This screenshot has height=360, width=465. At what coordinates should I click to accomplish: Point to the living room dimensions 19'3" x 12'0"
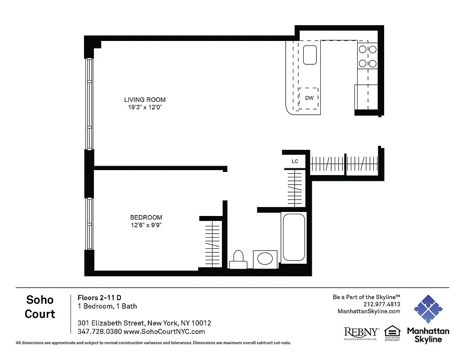coord(145,108)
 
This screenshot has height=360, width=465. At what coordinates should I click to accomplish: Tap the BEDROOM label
coord(146,217)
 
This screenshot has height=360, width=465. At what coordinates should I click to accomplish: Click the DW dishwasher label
coord(309,98)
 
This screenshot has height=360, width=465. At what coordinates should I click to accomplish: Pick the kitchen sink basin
coord(310,55)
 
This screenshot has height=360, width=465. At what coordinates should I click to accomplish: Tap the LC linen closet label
coord(295,161)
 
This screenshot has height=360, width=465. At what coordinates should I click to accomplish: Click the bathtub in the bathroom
coord(294,237)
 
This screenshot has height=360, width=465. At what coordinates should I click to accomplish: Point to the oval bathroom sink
coord(264,259)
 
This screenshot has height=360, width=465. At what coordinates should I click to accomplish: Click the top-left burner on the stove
coord(362,50)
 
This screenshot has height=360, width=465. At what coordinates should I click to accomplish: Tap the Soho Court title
coord(40,306)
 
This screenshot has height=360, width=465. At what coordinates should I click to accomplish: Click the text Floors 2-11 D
coord(99,297)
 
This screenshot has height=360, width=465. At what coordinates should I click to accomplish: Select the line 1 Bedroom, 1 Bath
coord(107,306)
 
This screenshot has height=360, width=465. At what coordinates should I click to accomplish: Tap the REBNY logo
coord(361,333)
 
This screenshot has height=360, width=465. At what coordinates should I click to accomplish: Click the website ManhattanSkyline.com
coord(368,311)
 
